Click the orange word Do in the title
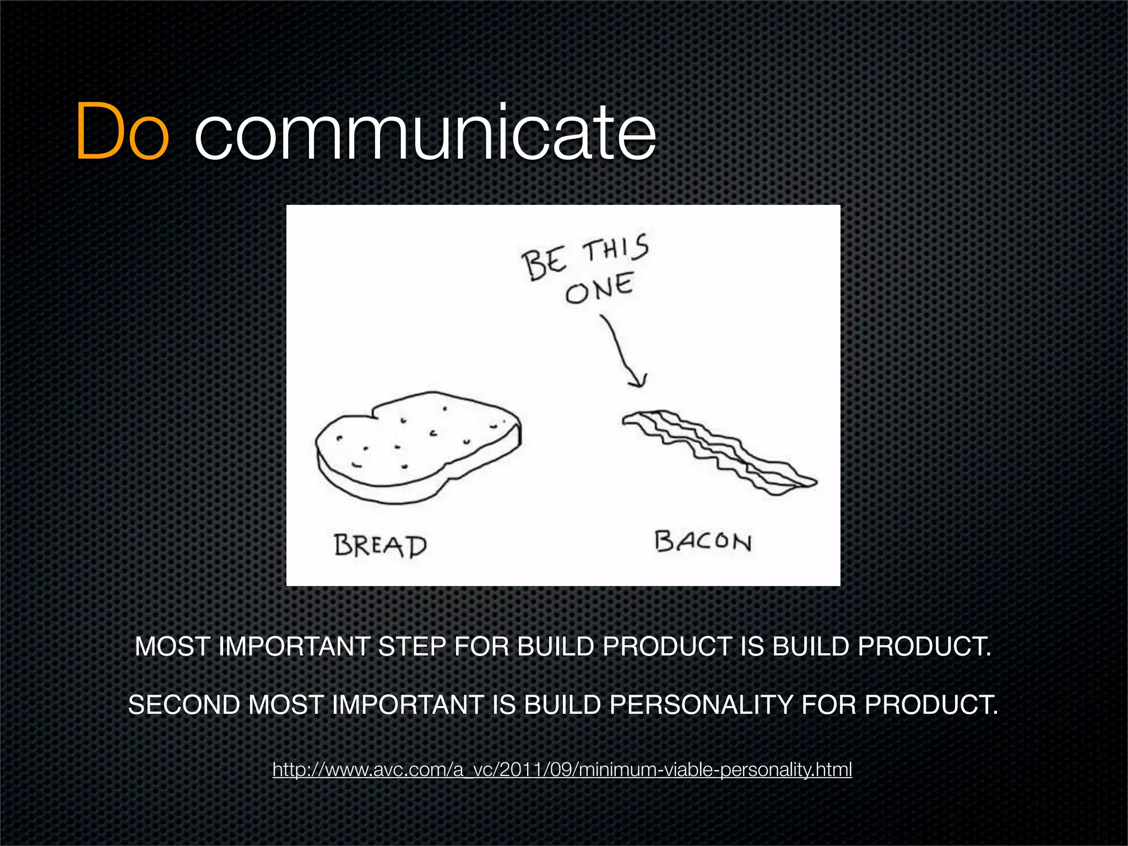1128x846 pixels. [x=122, y=132]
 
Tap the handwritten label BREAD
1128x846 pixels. [x=380, y=546]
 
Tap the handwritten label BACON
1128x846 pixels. [x=703, y=541]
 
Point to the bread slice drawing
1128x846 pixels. [x=417, y=446]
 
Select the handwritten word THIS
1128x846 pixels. [x=616, y=250]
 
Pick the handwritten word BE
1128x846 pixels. [x=544, y=263]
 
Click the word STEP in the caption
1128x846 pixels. [x=411, y=647]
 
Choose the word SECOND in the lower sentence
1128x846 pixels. [x=184, y=705]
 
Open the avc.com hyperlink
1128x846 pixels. [x=562, y=769]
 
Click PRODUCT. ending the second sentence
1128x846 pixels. [x=931, y=705]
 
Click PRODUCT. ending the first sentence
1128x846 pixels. [x=924, y=647]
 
